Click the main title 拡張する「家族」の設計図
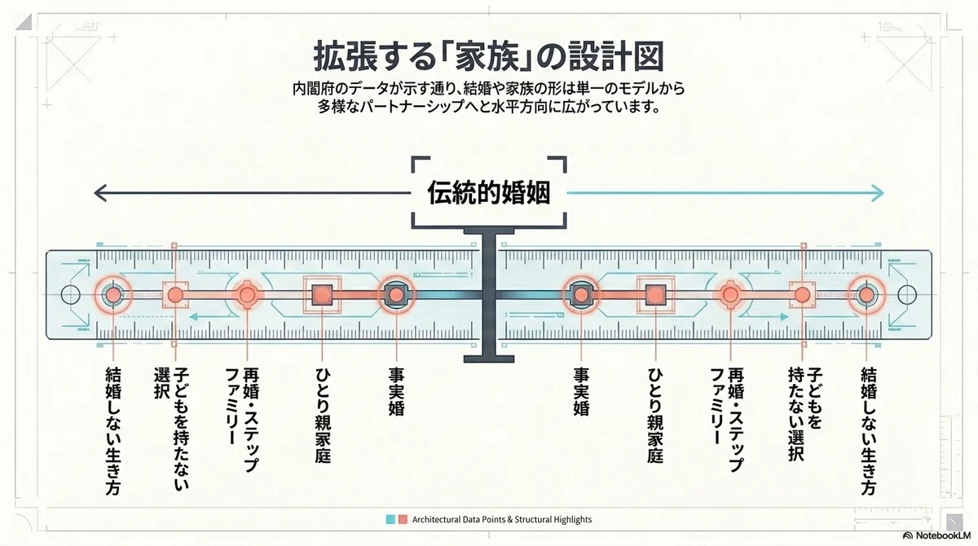489,56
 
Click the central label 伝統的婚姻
488,192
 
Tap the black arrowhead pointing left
101,193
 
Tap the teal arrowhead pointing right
877,193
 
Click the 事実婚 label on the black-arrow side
396,391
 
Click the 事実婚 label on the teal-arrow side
581,391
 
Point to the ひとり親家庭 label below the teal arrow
655,415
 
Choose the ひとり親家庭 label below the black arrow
323,415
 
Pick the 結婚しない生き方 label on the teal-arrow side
869,431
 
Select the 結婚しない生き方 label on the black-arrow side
113,431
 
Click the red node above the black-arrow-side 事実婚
396,295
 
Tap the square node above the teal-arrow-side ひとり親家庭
655,295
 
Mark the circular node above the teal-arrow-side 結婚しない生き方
866,295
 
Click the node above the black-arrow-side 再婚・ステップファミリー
248,295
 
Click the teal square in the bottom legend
390,519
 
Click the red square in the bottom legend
403,519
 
